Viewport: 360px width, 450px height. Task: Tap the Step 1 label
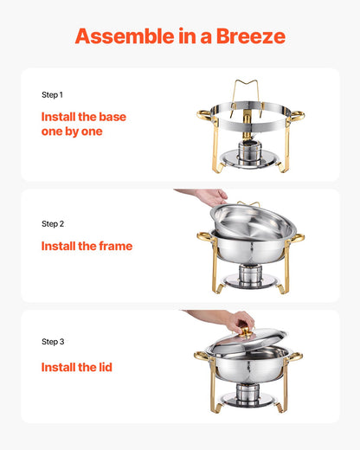[52, 94]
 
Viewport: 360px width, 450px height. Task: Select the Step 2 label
[53, 223]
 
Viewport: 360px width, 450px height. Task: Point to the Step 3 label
[53, 341]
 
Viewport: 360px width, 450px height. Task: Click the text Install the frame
[87, 246]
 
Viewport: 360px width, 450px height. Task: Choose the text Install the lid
[76, 367]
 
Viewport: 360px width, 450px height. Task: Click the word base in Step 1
[112, 115]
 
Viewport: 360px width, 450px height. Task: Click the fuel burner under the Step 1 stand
[247, 153]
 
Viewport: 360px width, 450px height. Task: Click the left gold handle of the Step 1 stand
[203, 114]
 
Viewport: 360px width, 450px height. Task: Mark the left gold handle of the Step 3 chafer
[201, 356]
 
